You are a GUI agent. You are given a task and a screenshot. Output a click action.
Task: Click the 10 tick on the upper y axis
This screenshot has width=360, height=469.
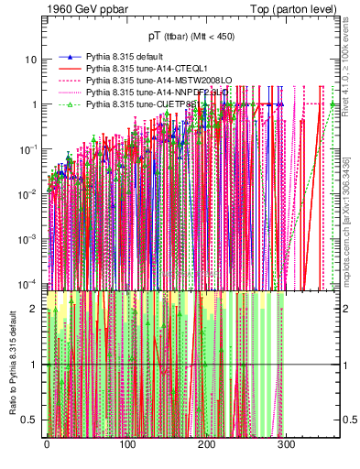click(31, 60)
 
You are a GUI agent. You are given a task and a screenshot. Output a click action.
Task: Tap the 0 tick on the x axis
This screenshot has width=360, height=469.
click(47, 445)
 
